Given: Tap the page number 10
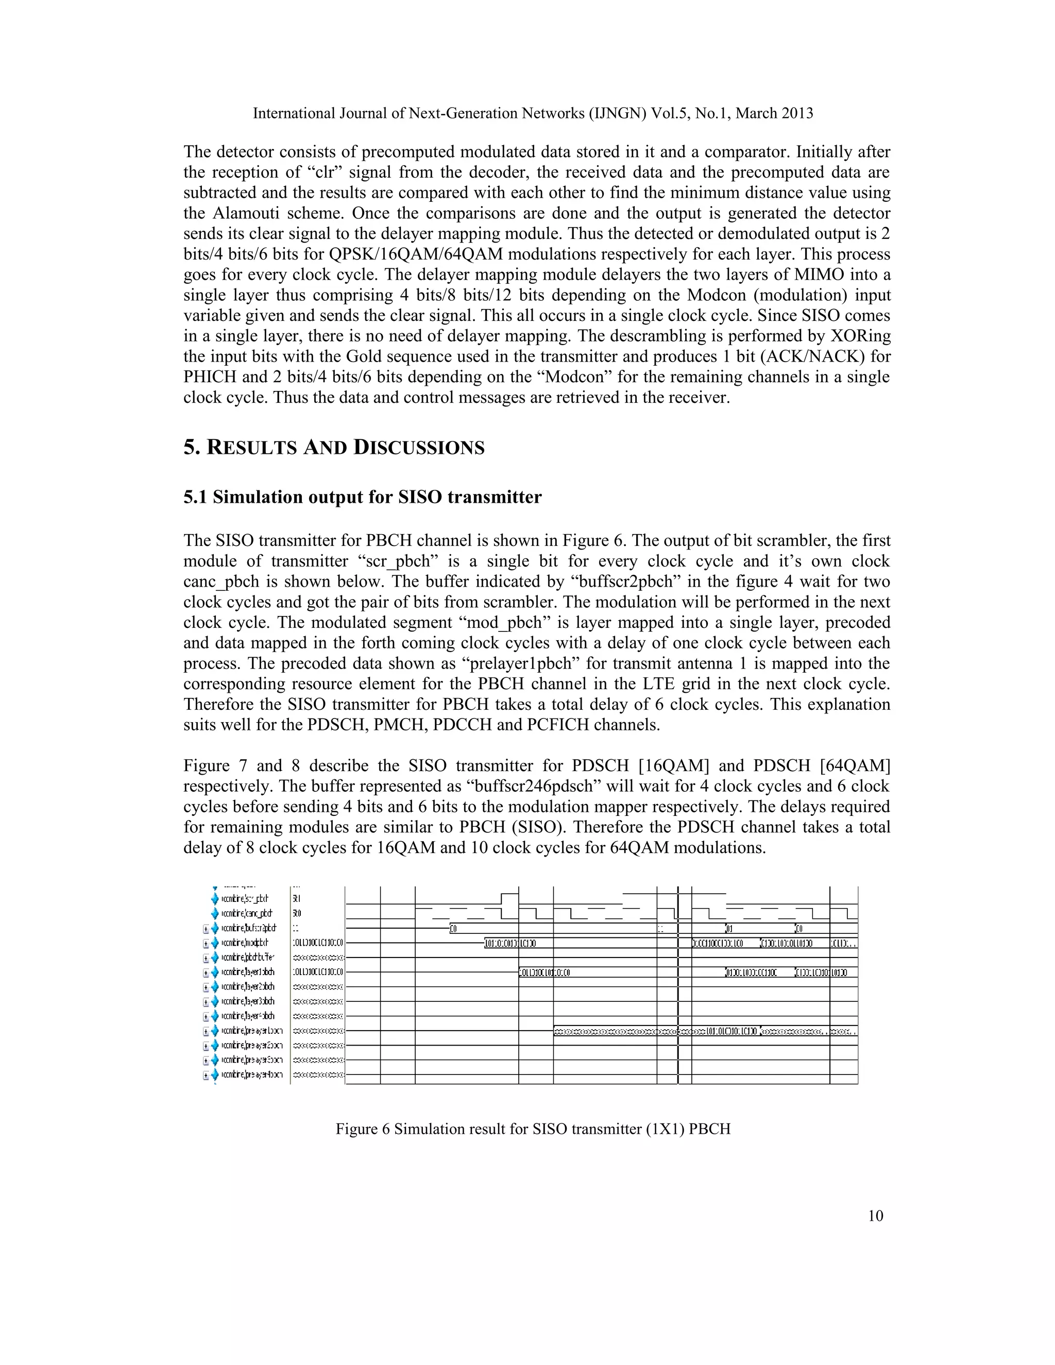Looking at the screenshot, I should (876, 1216).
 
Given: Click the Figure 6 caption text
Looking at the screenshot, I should (533, 1129).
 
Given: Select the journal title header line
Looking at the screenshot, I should (533, 113).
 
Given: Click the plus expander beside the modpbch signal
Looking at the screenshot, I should (206, 943).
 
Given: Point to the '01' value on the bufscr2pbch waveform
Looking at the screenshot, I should (729, 928).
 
